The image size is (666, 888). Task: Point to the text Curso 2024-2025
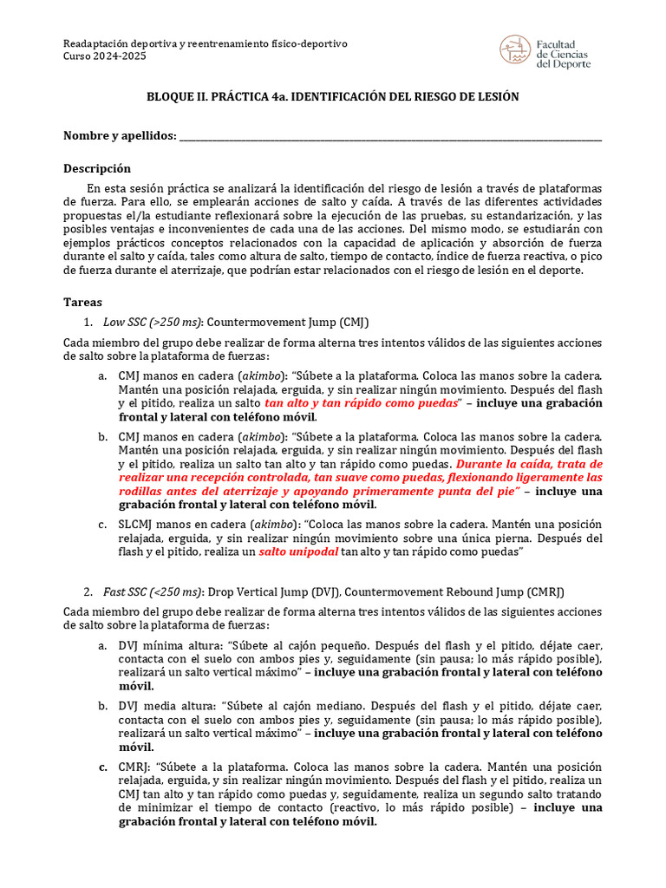[x=106, y=56]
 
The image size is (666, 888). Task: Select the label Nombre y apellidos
[x=120, y=136]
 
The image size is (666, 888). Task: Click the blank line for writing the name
[x=390, y=138]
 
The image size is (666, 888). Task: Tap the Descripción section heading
[x=97, y=168]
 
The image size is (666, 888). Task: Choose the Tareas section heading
[x=83, y=303]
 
